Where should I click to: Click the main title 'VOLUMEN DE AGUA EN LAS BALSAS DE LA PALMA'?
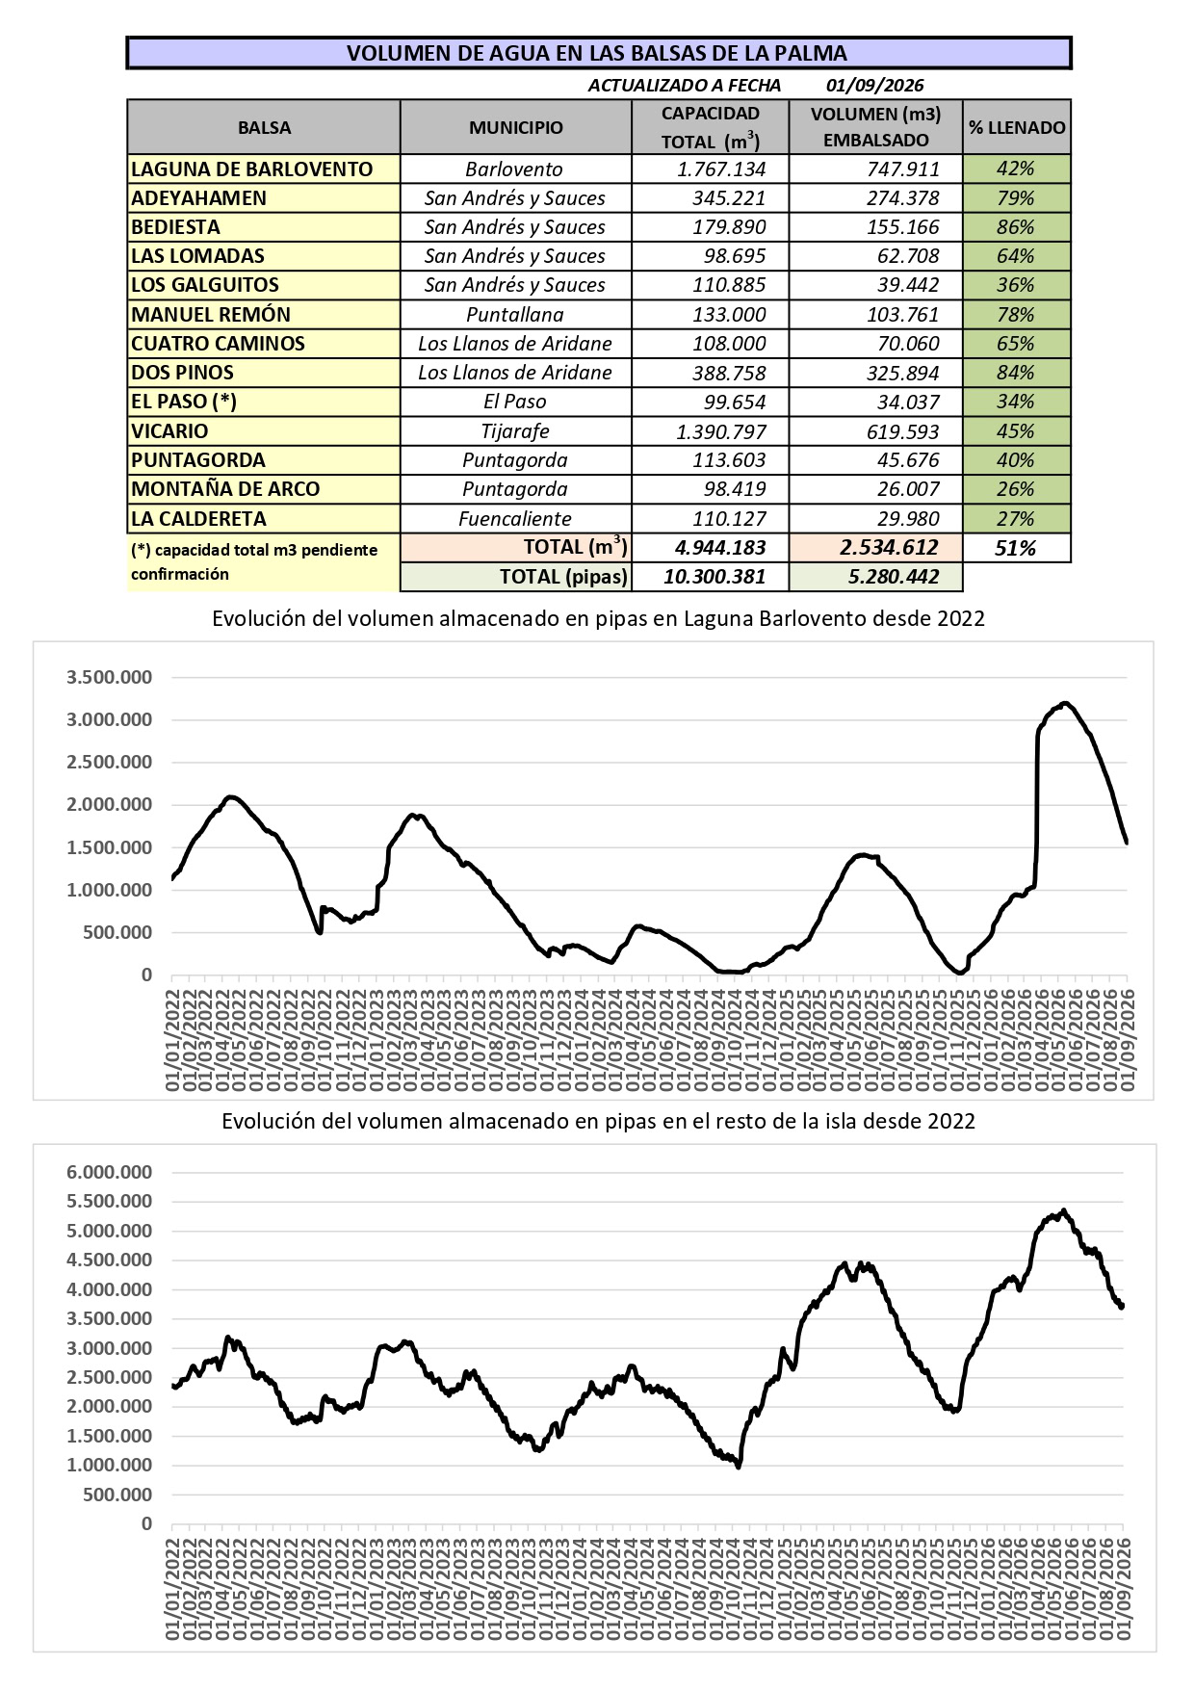tap(597, 53)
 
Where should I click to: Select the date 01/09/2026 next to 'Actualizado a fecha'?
tap(874, 86)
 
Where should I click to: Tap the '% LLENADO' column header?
tap(1017, 127)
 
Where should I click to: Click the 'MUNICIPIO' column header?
tap(516, 127)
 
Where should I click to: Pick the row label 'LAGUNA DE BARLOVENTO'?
tap(251, 169)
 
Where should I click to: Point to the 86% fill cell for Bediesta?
tap(1016, 227)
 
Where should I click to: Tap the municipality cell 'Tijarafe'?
tap(515, 431)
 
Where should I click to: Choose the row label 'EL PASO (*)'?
tap(184, 402)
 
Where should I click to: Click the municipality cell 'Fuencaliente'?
tap(515, 518)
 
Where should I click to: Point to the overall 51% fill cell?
tap(1016, 548)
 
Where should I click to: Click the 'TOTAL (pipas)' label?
tap(563, 577)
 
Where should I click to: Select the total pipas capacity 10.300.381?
tap(714, 577)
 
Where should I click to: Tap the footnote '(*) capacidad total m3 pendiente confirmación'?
tap(254, 561)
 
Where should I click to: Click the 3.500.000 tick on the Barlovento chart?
tap(109, 677)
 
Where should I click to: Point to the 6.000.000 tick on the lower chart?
tap(109, 1172)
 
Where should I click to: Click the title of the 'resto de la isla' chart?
tap(598, 1121)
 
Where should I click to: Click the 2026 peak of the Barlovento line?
tap(1065, 703)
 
